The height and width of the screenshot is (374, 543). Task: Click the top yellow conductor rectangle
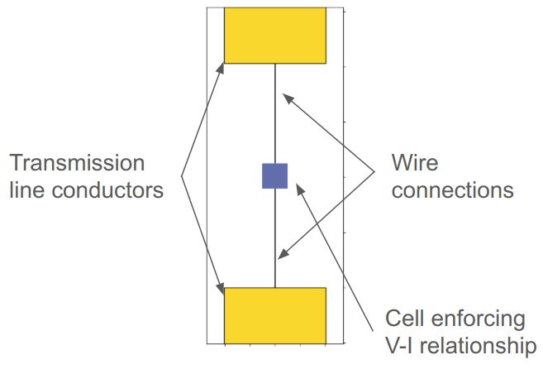click(275, 36)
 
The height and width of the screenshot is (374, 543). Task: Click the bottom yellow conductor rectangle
click(275, 315)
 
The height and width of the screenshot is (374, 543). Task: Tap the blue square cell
click(274, 176)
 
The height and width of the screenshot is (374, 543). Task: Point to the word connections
click(452, 189)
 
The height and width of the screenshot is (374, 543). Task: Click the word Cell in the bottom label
click(406, 319)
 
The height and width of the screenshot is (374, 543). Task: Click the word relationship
click(483, 345)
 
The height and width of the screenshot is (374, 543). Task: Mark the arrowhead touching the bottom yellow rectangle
click(221, 287)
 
